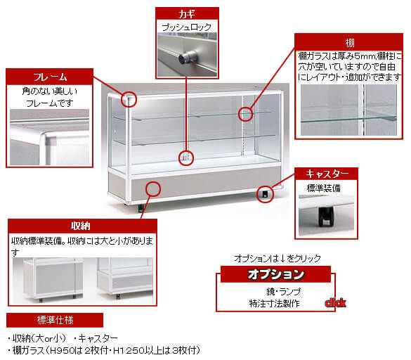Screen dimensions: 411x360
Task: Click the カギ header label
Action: pos(187,13)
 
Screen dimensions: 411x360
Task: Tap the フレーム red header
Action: pos(50,77)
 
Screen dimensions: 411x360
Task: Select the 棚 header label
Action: pos(348,42)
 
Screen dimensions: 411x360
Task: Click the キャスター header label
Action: pos(326,174)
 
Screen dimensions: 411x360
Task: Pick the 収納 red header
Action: pos(82,226)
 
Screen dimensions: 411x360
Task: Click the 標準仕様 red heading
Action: pos(55,320)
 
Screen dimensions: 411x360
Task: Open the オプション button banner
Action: pos(275,274)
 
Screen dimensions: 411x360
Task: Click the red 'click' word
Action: pos(335,303)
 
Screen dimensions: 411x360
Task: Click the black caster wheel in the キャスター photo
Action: pos(326,217)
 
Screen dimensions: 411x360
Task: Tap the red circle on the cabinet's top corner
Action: pos(129,99)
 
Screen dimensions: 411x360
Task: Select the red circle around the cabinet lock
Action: pos(186,158)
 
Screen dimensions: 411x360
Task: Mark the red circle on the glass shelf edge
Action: pos(245,114)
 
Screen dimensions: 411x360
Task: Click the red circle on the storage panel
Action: pos(153,189)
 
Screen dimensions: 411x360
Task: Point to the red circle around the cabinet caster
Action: pos(265,195)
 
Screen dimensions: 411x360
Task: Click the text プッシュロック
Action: pos(187,27)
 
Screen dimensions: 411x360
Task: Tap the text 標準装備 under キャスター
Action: pos(323,188)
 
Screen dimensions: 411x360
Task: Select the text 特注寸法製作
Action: pos(274,304)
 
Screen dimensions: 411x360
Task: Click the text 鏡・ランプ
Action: pos(283,292)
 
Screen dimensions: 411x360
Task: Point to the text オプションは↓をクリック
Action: pos(278,259)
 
